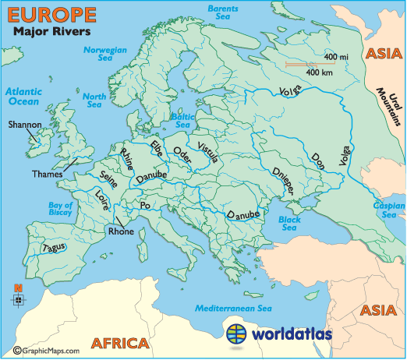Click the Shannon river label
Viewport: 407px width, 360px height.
(24, 124)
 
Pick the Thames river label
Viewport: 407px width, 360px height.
(48, 174)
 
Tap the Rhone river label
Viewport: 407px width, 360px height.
(121, 231)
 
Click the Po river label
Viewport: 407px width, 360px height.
(144, 205)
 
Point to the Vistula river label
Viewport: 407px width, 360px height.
(210, 155)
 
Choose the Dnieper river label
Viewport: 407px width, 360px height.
(281, 182)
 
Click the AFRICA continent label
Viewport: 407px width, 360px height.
(119, 343)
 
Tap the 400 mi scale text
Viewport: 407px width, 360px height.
(336, 58)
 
